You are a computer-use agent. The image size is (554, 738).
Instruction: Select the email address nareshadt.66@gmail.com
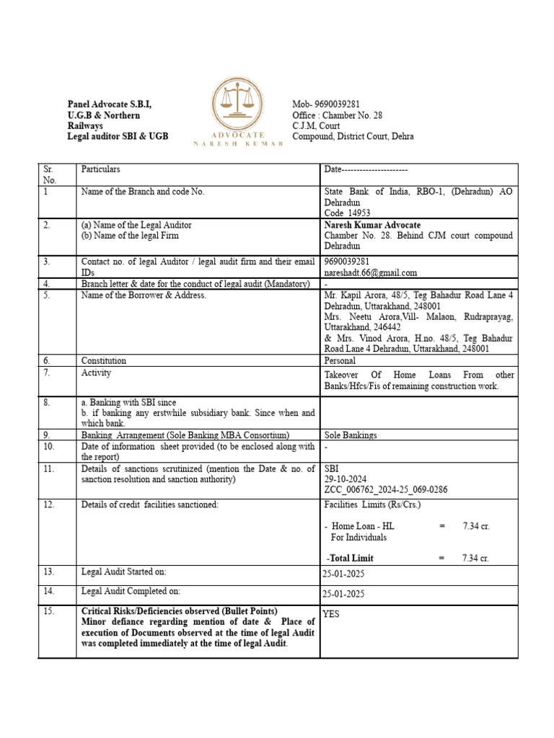point(371,272)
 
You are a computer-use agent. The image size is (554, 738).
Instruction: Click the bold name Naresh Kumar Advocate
point(372,225)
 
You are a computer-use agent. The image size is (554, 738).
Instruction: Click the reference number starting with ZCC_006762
point(386,489)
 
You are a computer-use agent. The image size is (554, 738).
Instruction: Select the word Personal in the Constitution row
point(340,360)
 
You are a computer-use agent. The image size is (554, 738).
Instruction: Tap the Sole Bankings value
point(351,435)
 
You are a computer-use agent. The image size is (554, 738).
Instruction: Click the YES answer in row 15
point(331,614)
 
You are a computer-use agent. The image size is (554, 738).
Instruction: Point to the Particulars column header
point(101,169)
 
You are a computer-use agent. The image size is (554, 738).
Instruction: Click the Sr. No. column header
point(48,174)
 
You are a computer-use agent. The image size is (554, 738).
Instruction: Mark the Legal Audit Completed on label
point(131,591)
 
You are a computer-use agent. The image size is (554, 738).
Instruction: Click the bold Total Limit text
point(351,558)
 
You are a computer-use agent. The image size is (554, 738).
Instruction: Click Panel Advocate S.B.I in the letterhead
point(110,105)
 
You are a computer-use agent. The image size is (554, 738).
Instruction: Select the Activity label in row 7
point(96,373)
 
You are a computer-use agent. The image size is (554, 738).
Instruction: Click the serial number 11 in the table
point(48,468)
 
